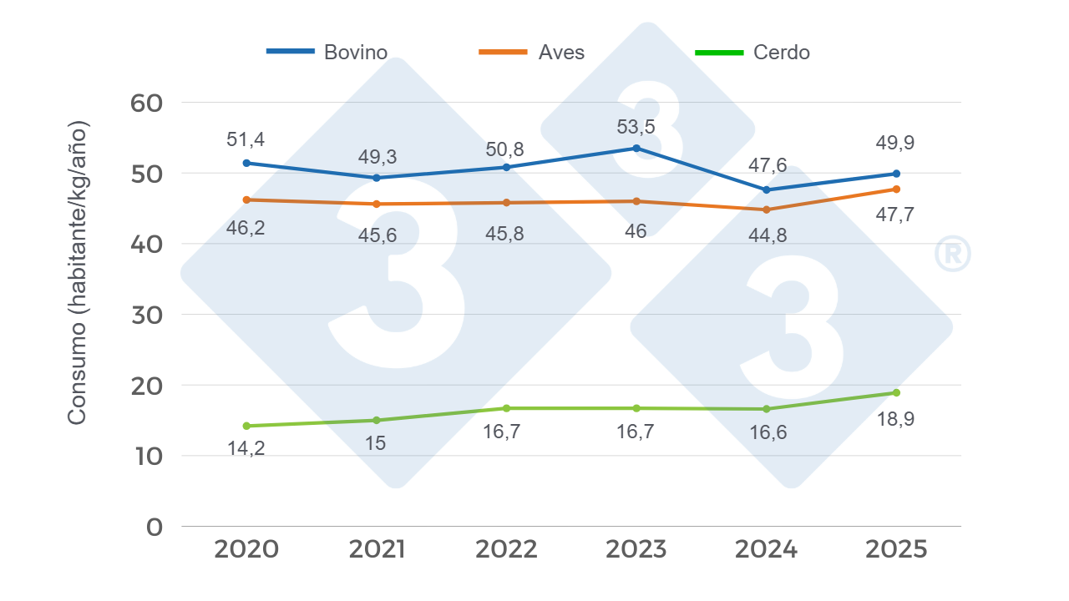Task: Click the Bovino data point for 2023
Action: click(636, 148)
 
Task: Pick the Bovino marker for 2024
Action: click(767, 190)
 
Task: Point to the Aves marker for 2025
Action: click(896, 189)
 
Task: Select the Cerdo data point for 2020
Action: click(246, 426)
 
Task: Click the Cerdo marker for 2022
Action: click(506, 408)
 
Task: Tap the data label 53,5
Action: click(636, 126)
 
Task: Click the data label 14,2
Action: click(246, 448)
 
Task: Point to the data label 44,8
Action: click(767, 235)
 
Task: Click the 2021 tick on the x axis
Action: click(377, 549)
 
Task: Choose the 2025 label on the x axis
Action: click(896, 549)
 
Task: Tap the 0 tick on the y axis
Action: click(155, 527)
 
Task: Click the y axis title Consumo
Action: click(78, 272)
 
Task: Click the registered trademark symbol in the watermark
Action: click(952, 255)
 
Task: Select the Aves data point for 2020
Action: click(246, 199)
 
